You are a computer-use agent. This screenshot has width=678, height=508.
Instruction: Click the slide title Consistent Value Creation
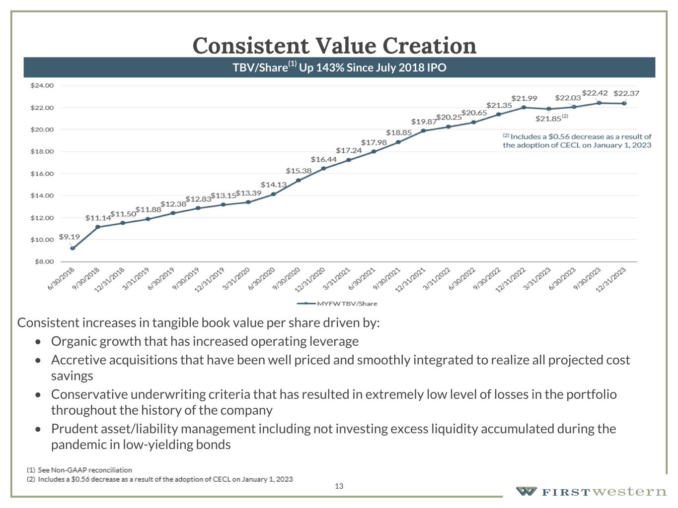tap(334, 45)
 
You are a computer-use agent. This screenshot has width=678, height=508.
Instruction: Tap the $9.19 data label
tap(69, 237)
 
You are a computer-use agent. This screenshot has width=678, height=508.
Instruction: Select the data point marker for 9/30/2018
tap(98, 227)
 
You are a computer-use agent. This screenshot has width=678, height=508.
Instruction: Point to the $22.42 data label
tap(595, 93)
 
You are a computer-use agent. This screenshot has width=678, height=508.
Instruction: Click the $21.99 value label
tap(524, 98)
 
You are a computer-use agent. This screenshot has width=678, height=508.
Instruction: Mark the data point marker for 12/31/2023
tap(624, 103)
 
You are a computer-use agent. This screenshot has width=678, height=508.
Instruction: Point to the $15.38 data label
tap(299, 171)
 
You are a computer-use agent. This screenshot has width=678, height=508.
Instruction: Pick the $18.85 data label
tap(399, 132)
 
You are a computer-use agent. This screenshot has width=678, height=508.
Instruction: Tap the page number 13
tap(339, 486)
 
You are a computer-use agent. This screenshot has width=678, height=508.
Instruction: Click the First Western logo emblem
tap(526, 492)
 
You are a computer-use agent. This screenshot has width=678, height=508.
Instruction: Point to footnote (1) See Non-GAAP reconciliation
tap(79, 470)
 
